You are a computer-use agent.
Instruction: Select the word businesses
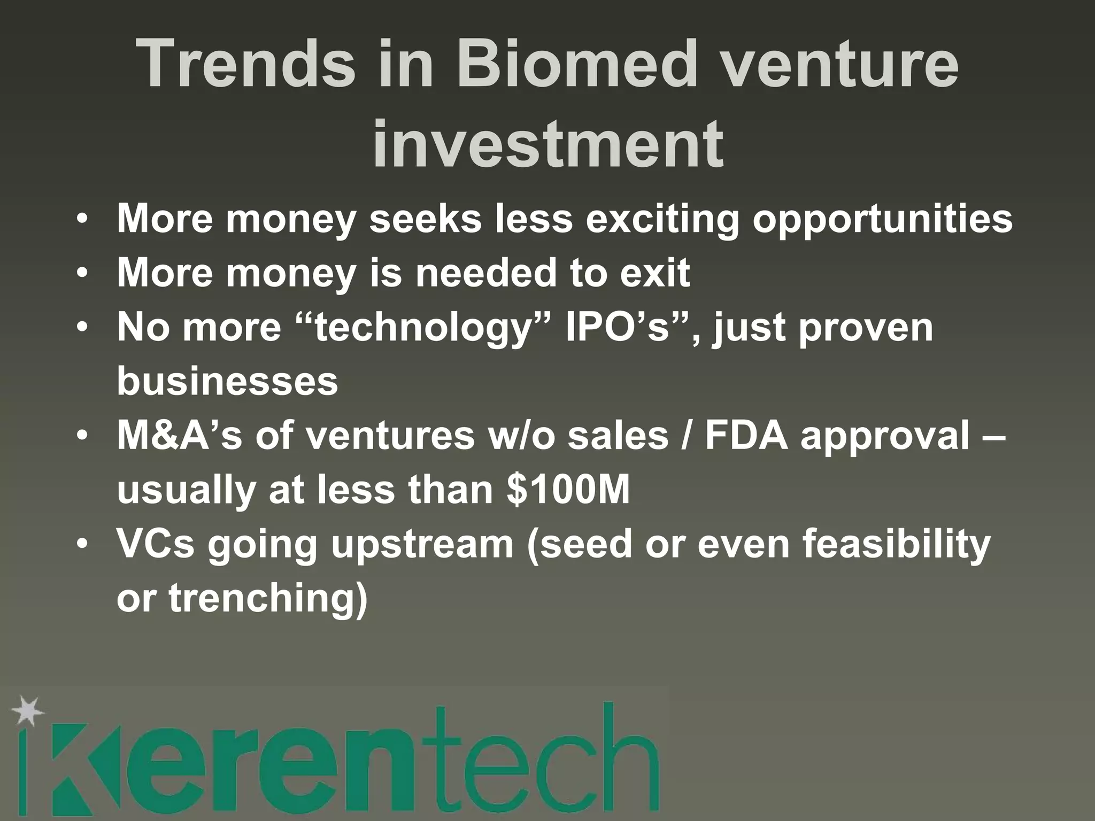point(227,381)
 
